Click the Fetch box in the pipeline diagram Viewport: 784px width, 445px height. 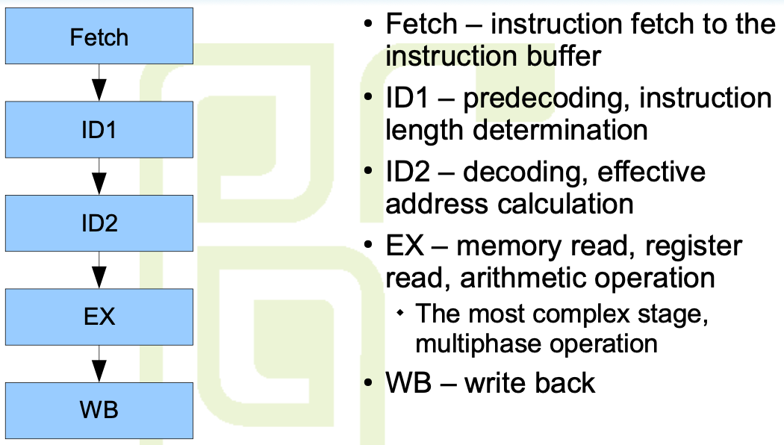(99, 37)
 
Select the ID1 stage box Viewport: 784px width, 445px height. (99, 131)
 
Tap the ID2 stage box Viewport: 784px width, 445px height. (99, 223)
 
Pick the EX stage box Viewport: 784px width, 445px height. (99, 317)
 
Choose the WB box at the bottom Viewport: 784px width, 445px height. (99, 409)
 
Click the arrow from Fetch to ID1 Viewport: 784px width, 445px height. (99, 84)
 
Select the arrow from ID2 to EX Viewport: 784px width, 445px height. (99, 270)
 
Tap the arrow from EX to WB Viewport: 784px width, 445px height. (99, 363)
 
